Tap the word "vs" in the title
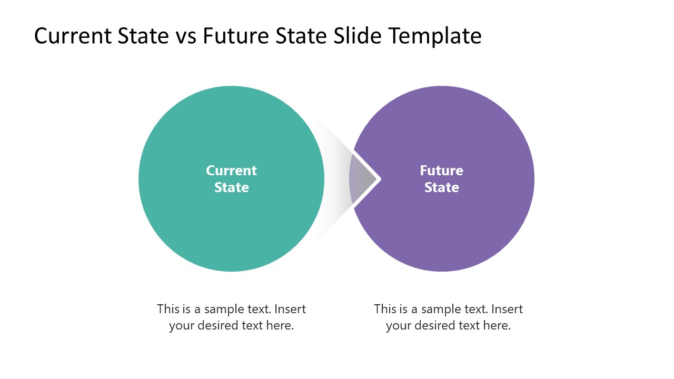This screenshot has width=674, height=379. (184, 36)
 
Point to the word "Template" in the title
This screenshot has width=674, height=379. (435, 36)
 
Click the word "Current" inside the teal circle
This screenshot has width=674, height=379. (231, 171)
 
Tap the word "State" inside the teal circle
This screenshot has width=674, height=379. (231, 187)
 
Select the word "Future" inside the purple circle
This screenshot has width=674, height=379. (441, 171)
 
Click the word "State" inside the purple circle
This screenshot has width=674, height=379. (441, 187)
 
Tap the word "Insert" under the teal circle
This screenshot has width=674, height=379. (290, 309)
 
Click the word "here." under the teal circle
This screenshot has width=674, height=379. (280, 326)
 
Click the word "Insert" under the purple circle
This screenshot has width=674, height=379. (507, 309)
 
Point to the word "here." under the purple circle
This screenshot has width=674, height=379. (497, 326)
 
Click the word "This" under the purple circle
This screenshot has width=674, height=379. (385, 309)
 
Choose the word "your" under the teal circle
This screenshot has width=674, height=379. (182, 326)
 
